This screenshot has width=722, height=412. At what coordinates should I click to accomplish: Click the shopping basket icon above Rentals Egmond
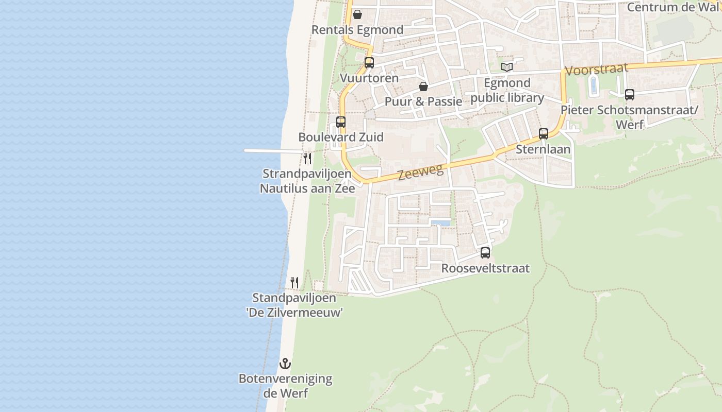coord(357,14)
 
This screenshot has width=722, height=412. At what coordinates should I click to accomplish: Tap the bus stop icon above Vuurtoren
coord(369,63)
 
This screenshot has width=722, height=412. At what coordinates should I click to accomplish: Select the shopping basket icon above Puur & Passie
coord(423,87)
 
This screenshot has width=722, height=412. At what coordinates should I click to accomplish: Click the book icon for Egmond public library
coord(507,67)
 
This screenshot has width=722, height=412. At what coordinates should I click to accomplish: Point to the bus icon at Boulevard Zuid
coord(341,122)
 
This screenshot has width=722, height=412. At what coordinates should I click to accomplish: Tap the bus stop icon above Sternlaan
coord(544,134)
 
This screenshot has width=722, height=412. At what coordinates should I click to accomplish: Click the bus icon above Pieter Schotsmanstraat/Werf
coord(630,95)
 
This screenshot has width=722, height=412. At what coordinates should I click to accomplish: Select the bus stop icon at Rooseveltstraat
coord(485,253)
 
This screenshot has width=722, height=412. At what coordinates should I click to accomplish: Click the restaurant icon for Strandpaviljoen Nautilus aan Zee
coord(307,158)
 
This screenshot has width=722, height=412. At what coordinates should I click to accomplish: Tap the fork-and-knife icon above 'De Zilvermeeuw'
coord(294,282)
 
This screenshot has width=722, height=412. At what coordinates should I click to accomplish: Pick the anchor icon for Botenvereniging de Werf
coord(285,364)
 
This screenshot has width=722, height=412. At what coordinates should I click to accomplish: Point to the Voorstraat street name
coord(597,68)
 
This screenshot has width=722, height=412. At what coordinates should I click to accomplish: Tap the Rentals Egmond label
coord(357,30)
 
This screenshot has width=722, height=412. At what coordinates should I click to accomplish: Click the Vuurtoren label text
coord(369,78)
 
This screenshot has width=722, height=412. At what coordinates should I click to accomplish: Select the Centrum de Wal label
coord(674,7)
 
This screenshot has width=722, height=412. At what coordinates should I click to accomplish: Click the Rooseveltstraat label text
coord(485,268)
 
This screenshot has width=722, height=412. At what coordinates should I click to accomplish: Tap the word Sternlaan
coord(544,149)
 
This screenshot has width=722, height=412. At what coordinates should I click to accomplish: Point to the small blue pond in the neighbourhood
coord(441,223)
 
